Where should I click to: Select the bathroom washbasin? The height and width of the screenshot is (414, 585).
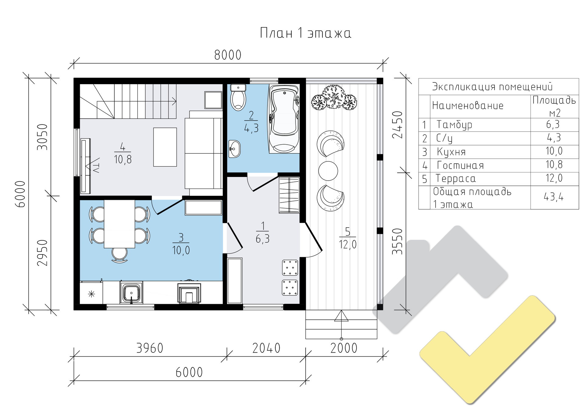[x=234, y=149]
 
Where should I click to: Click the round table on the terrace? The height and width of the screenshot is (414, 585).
[x=328, y=171]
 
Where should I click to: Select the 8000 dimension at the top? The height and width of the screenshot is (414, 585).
[x=228, y=55]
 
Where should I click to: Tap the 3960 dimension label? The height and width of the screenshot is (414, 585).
[x=150, y=348]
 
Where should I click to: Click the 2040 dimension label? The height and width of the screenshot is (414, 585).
[x=266, y=348]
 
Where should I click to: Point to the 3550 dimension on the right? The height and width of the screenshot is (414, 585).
[x=398, y=241]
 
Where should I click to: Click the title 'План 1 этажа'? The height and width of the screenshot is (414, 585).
[x=306, y=33]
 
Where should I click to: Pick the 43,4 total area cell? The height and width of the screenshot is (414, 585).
[x=554, y=197]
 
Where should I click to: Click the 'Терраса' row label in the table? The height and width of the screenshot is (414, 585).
[x=456, y=178]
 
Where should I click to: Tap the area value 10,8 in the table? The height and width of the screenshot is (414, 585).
[x=554, y=165]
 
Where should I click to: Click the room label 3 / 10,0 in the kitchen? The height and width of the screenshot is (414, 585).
[x=181, y=244]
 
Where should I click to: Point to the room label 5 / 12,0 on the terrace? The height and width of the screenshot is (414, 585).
[x=348, y=238]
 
